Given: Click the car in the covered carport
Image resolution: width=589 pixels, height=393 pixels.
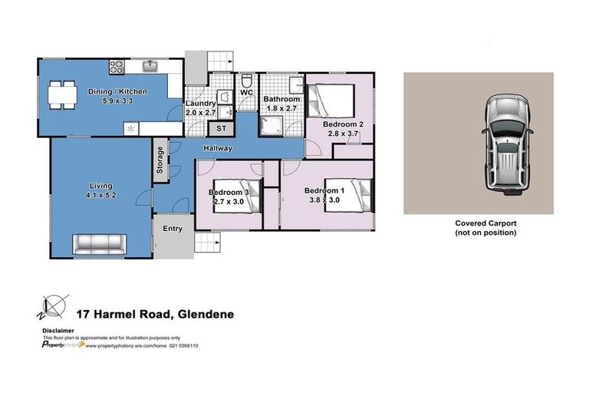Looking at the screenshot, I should (505, 143).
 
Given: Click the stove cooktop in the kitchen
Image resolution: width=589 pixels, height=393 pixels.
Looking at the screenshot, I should (117, 67).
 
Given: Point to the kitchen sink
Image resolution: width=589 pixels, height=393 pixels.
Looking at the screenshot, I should (152, 65).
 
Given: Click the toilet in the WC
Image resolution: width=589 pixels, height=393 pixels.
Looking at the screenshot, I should (247, 81).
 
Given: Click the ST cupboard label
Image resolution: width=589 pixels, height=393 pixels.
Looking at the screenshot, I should (221, 128).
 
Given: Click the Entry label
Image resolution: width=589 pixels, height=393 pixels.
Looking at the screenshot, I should (173, 228).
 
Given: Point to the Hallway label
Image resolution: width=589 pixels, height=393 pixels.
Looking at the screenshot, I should (218, 148).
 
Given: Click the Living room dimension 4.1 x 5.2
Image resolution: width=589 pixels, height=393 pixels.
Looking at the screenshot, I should (100, 195).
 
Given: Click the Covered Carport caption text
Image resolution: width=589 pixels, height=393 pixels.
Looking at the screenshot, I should (486, 223).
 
